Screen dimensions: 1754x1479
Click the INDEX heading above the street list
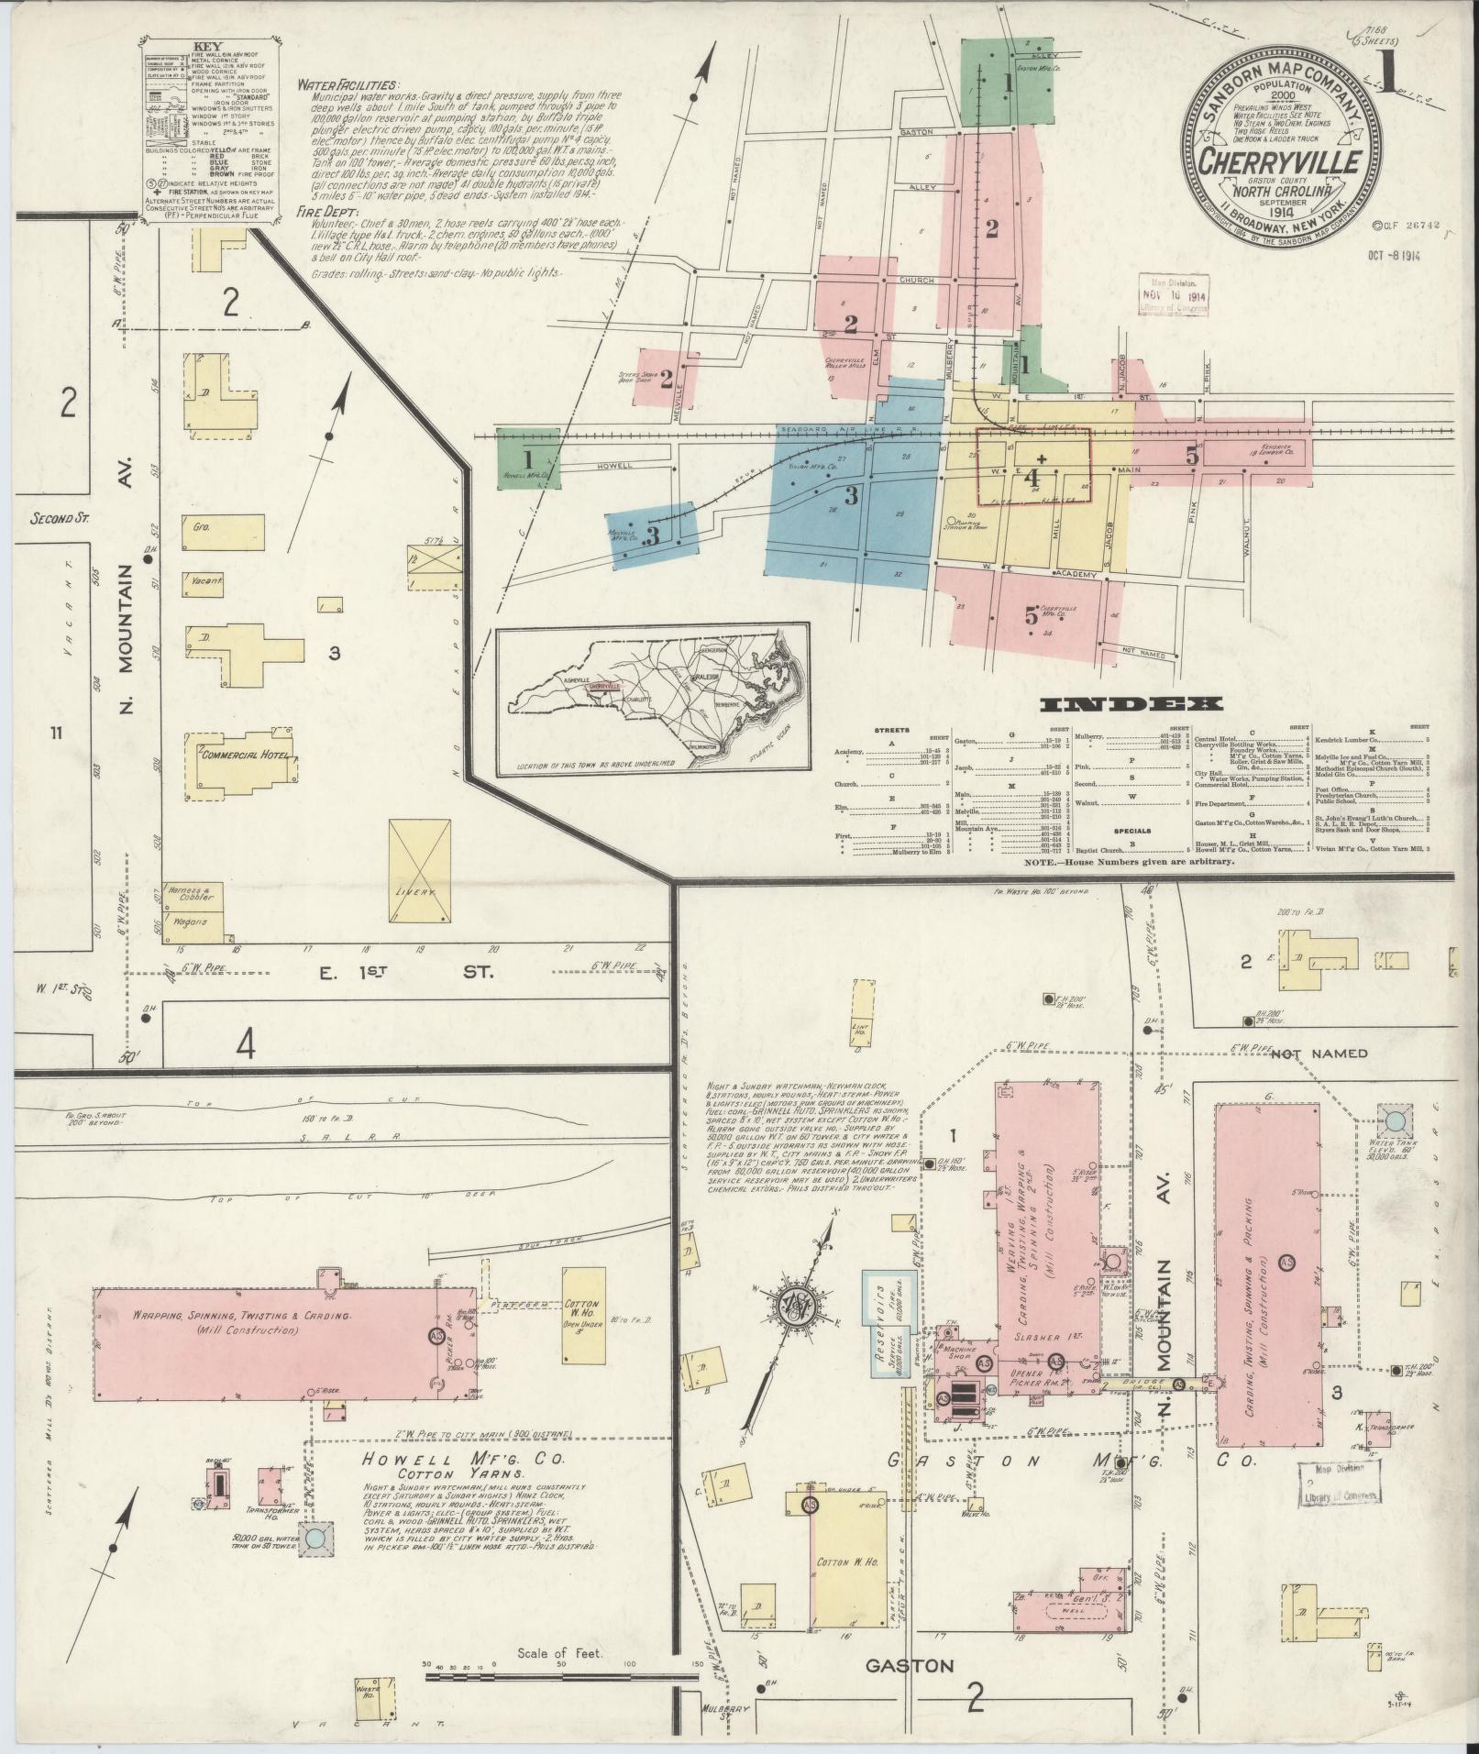coord(1131,704)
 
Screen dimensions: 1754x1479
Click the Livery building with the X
coord(421,871)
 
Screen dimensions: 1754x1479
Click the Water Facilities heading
coord(347,84)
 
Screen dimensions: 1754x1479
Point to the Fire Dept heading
coord(326,210)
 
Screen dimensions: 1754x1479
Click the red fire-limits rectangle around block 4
coord(1033,467)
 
